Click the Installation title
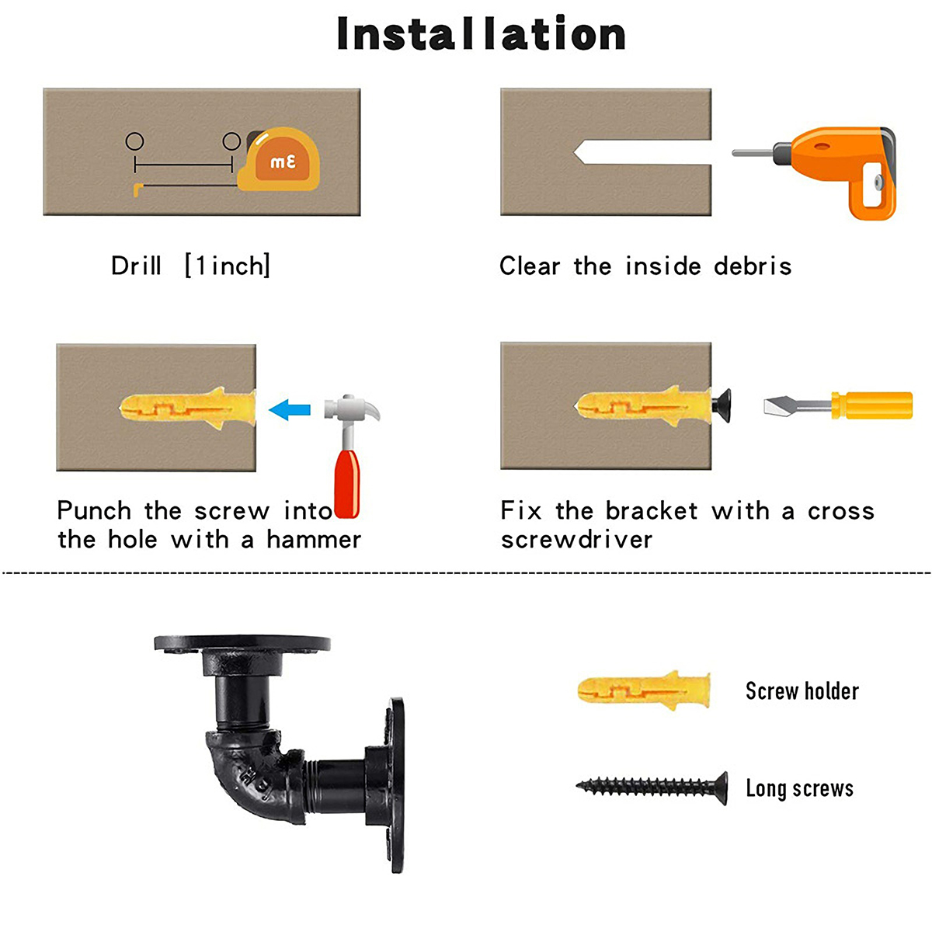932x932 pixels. point(482,33)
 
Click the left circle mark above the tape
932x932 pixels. point(134,141)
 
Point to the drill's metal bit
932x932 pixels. point(753,153)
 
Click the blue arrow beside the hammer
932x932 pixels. point(289,409)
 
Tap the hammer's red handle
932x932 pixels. point(346,484)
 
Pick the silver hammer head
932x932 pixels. point(351,409)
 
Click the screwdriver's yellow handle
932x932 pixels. point(871,405)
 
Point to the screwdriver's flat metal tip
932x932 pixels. point(783,405)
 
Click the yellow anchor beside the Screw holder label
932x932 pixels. point(644,690)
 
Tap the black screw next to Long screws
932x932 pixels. point(652,788)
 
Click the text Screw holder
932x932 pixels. point(802,690)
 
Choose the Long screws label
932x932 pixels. point(799,788)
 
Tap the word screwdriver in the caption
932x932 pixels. point(576,539)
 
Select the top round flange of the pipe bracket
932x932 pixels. point(242,643)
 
